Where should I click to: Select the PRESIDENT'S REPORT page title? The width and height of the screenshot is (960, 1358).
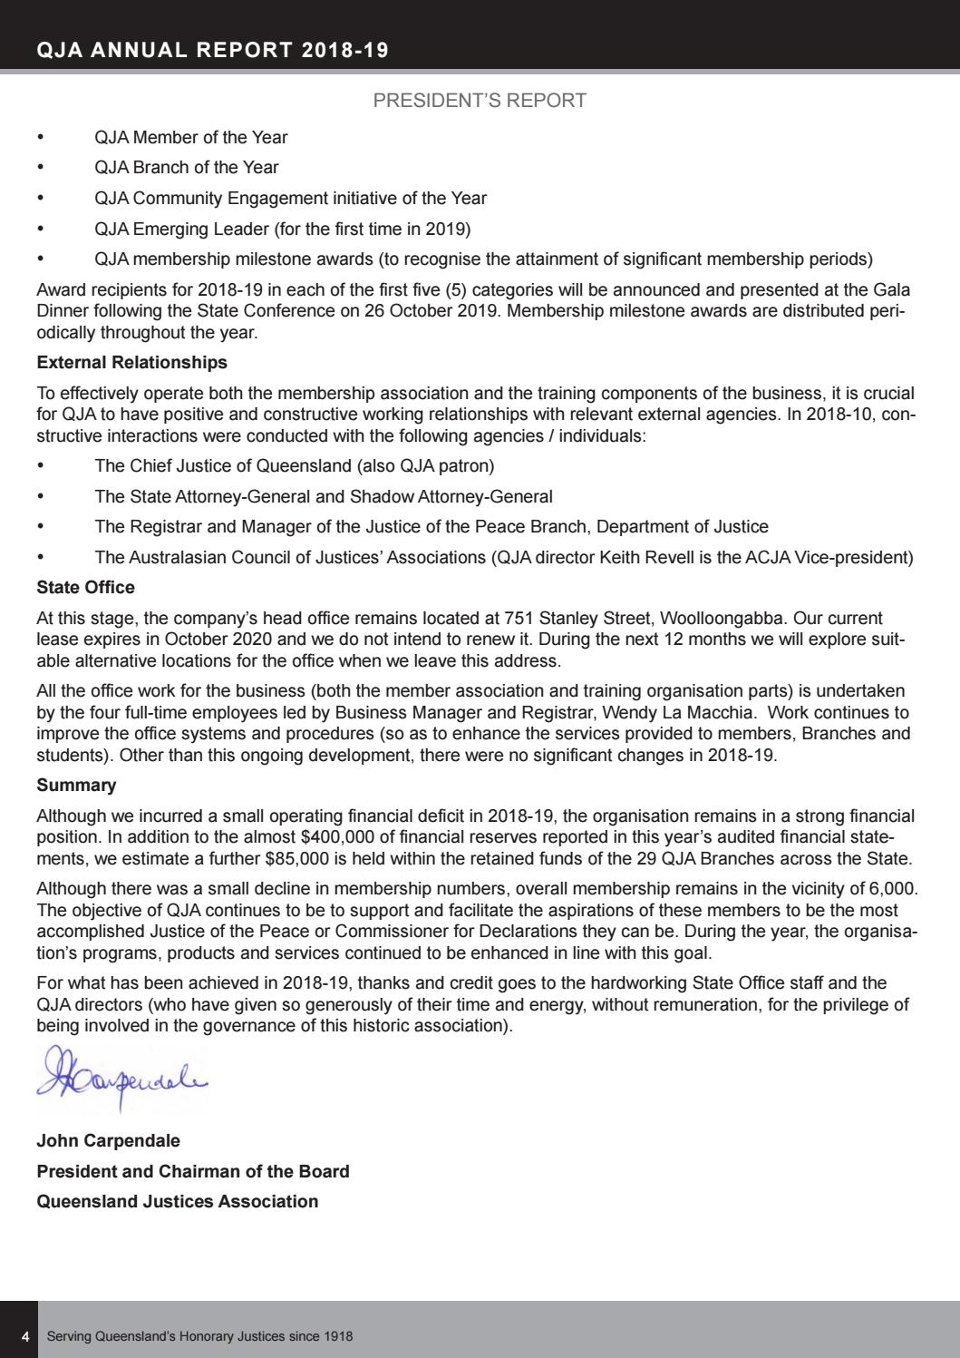(x=480, y=101)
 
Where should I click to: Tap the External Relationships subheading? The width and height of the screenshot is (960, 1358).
(x=131, y=363)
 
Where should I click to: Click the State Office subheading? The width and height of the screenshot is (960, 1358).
(x=85, y=588)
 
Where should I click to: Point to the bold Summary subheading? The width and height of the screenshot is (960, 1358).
(x=76, y=786)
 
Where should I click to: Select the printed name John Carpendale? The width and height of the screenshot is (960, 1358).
(x=108, y=1141)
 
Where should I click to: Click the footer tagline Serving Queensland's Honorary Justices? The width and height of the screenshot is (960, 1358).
(x=199, y=1337)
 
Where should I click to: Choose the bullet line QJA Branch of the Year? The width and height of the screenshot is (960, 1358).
(x=187, y=168)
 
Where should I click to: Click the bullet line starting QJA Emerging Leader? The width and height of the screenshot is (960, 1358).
(x=282, y=229)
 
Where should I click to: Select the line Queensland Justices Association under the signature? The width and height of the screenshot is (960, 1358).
(x=177, y=1202)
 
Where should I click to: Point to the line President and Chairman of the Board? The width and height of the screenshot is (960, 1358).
(x=192, y=1172)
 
